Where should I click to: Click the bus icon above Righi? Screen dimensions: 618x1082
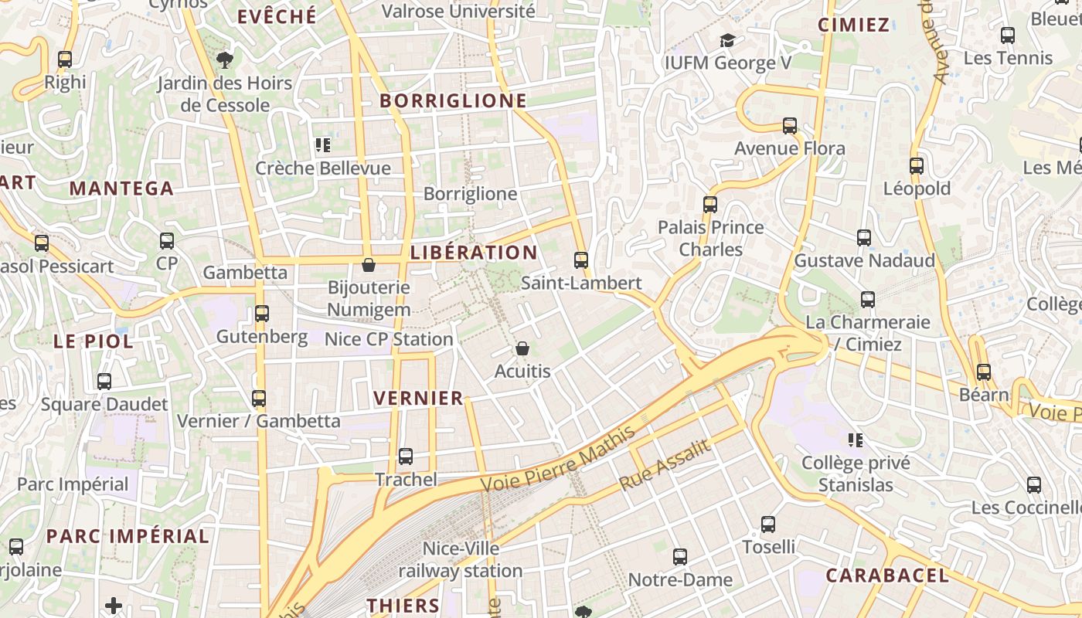click(65, 59)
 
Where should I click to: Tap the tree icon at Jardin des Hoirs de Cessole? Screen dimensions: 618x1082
click(225, 59)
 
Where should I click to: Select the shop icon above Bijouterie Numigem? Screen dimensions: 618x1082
click(369, 265)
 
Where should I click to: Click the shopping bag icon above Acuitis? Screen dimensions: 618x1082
click(522, 348)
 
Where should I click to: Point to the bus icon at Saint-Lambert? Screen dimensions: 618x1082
click(581, 260)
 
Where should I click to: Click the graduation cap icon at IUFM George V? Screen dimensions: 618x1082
click(726, 40)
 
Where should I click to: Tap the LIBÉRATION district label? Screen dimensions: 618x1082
click(474, 253)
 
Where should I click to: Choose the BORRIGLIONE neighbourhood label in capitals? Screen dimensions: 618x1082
click(453, 100)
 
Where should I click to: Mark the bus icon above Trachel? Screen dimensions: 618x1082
click(406, 457)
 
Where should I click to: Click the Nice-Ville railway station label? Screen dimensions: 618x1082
click(461, 560)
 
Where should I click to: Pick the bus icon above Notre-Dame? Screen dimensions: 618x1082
click(680, 557)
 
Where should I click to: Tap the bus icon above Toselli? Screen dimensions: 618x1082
click(768, 525)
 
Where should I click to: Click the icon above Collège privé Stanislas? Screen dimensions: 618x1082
click(856, 440)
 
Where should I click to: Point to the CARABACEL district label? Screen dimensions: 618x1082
click(886, 576)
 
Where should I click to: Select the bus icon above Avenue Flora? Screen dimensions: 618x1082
click(790, 126)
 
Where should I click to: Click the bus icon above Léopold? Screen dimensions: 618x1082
click(917, 166)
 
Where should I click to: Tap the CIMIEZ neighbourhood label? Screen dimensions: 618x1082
click(853, 25)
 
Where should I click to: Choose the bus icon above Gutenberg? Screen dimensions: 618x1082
click(262, 314)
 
